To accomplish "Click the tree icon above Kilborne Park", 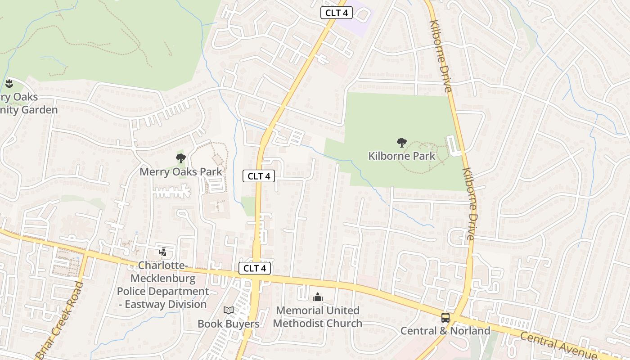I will pyautogui.click(x=401, y=143).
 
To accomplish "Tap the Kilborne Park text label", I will pyautogui.click(x=401, y=156).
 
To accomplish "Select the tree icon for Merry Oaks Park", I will pyautogui.click(x=181, y=158).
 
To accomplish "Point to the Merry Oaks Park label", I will pyautogui.click(x=181, y=171).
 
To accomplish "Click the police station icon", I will pyautogui.click(x=162, y=252).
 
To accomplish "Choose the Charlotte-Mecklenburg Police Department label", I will pyautogui.click(x=163, y=285).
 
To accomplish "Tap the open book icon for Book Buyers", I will pyautogui.click(x=229, y=310).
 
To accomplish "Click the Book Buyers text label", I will pyautogui.click(x=229, y=324).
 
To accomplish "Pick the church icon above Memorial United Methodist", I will pyautogui.click(x=318, y=297).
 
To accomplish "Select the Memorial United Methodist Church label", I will pyautogui.click(x=318, y=317).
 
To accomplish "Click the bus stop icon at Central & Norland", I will pyautogui.click(x=445, y=318).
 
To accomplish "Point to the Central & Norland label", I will pyautogui.click(x=445, y=331).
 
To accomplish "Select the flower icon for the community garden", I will pyautogui.click(x=9, y=83).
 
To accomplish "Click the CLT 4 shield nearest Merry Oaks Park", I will pyautogui.click(x=259, y=176).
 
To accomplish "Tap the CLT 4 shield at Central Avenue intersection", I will pyautogui.click(x=255, y=269).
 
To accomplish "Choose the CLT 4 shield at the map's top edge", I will pyautogui.click(x=336, y=13).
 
